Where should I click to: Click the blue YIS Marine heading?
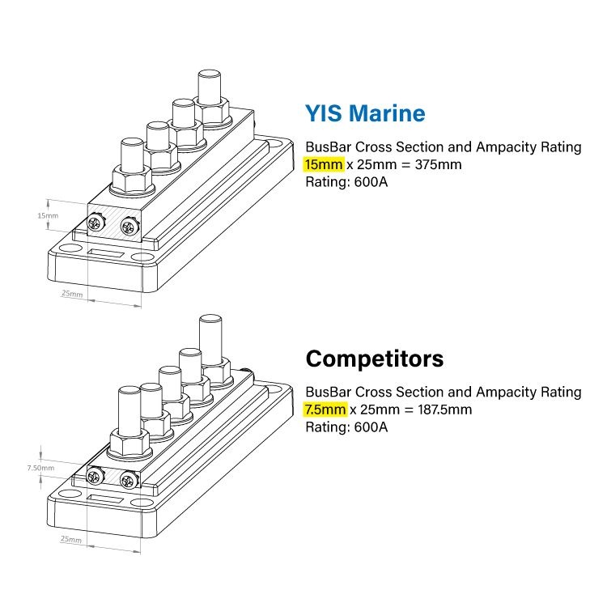pos(364,112)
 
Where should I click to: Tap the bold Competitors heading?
pos(375,358)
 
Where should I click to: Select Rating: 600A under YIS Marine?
pos(346,182)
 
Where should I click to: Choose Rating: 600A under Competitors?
pos(346,427)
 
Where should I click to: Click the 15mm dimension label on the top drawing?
pos(48,216)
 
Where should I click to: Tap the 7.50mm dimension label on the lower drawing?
pos(40,468)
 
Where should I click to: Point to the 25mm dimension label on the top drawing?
pos(71,294)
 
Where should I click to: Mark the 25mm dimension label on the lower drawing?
pos(71,538)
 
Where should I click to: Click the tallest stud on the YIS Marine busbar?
pos(210,88)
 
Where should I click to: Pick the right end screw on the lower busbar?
pos(126,480)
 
